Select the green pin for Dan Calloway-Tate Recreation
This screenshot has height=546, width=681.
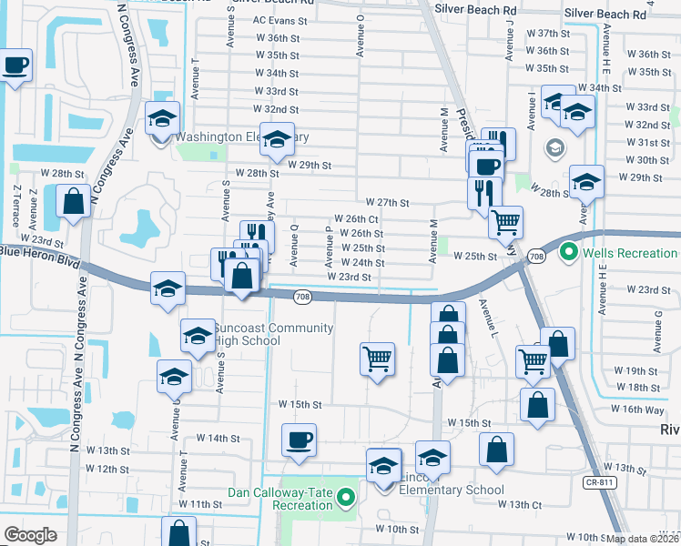pyautogui.click(x=345, y=498)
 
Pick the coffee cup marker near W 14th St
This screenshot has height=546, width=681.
pyautogui.click(x=299, y=442)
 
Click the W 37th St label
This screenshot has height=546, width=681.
pyautogui.click(x=548, y=32)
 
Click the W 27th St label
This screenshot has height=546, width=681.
pyautogui.click(x=387, y=202)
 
